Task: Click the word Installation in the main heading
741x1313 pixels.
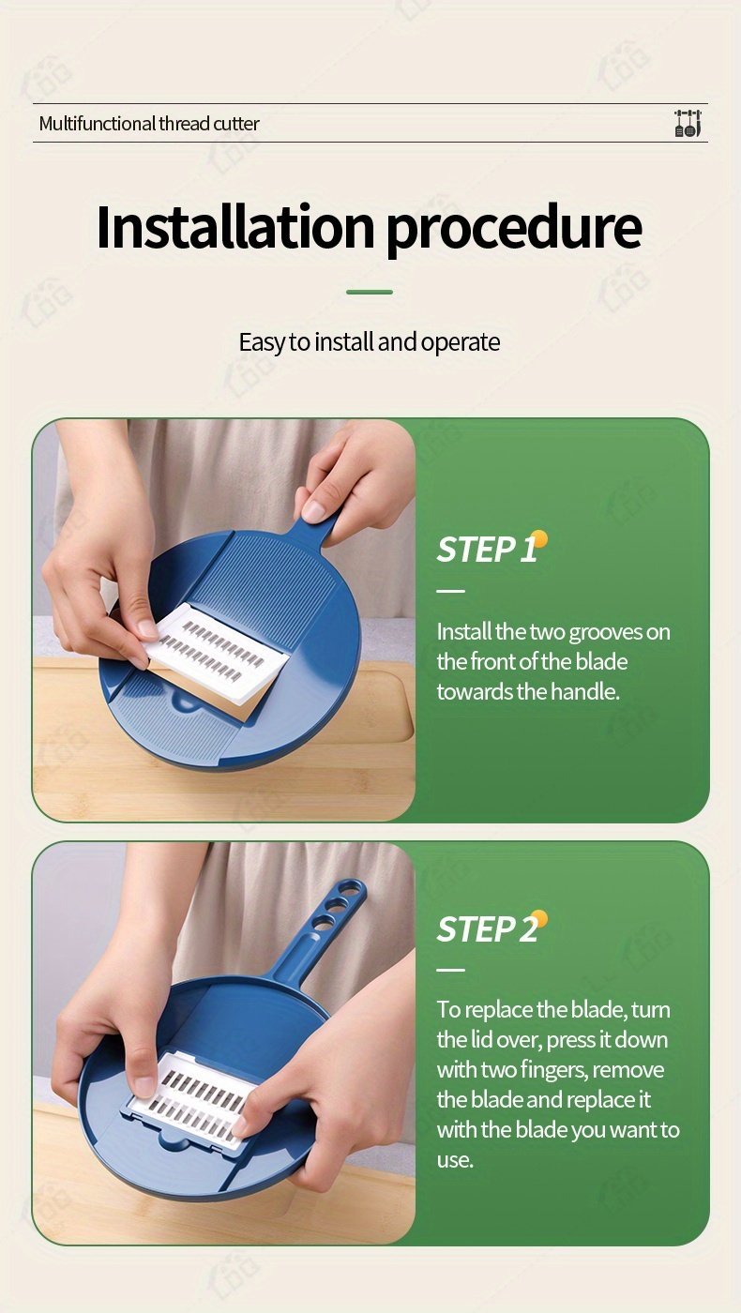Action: tap(235, 227)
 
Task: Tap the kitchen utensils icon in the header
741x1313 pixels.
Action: tap(688, 123)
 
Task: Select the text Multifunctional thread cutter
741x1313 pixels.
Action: tap(149, 124)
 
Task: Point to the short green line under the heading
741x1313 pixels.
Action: tap(370, 292)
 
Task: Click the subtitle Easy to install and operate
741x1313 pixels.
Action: tap(370, 342)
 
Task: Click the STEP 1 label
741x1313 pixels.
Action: tap(487, 550)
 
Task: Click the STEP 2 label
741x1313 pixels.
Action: tap(487, 929)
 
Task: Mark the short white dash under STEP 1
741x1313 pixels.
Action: tap(451, 591)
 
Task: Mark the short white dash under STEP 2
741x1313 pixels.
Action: tap(451, 970)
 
